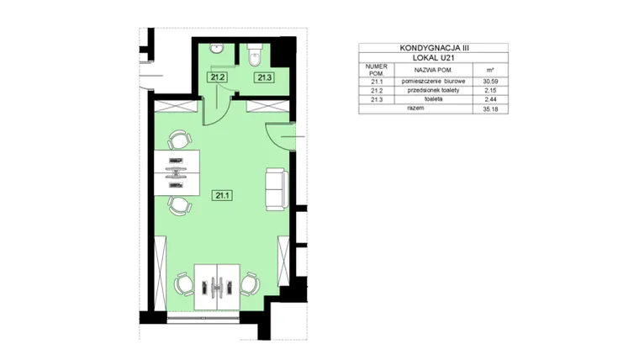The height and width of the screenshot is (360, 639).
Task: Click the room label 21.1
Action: pos(222,196)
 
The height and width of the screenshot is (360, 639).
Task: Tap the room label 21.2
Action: pos(217,77)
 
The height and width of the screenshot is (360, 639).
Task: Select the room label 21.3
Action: pos(265,77)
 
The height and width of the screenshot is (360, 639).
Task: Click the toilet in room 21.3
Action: pos(255,56)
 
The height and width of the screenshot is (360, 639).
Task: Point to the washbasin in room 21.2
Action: pos(217,49)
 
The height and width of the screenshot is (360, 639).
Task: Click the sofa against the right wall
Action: pos(277,189)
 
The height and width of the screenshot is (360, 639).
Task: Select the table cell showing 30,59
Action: pos(490,82)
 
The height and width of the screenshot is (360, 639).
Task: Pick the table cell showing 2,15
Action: pos(490,91)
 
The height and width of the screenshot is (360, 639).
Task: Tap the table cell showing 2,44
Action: pos(490,99)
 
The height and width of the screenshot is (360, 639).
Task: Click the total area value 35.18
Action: pos(490,109)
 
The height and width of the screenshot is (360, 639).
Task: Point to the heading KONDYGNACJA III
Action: pos(434,48)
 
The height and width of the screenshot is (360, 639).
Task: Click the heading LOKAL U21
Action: pos(434,58)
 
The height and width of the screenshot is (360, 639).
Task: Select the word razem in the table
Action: pos(415,108)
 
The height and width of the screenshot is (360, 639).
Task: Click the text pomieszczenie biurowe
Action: pos(433,81)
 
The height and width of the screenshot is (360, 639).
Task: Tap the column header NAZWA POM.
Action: pos(433,70)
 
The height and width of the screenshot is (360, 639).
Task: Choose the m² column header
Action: pos(490,70)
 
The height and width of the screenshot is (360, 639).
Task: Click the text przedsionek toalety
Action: pos(433,90)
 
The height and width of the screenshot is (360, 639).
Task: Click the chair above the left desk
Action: pos(179,140)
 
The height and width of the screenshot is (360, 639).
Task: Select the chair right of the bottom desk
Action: pos(250,284)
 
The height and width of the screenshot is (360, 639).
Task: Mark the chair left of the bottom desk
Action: pos(184,284)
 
